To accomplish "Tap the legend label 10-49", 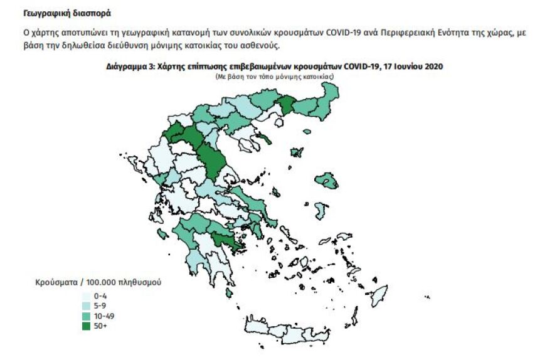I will click(x=104, y=315).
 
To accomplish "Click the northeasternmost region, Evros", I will click(x=329, y=100).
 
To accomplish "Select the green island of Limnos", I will click(x=296, y=152).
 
